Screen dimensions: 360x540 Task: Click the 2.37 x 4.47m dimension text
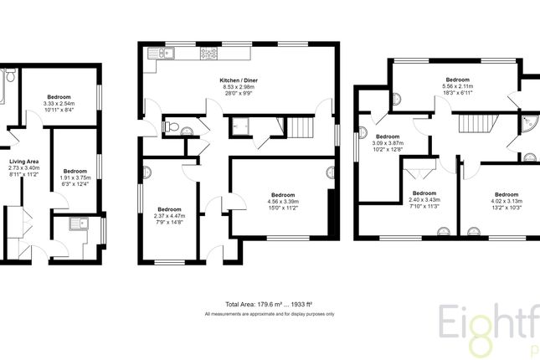point(170,215)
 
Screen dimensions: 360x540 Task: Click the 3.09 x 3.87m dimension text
point(389,143)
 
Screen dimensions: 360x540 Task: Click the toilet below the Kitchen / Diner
point(172,128)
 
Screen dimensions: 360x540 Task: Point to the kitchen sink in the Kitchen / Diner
point(159,55)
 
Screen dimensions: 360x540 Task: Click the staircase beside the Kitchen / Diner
point(300,128)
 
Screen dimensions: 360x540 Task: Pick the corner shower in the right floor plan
point(527,125)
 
